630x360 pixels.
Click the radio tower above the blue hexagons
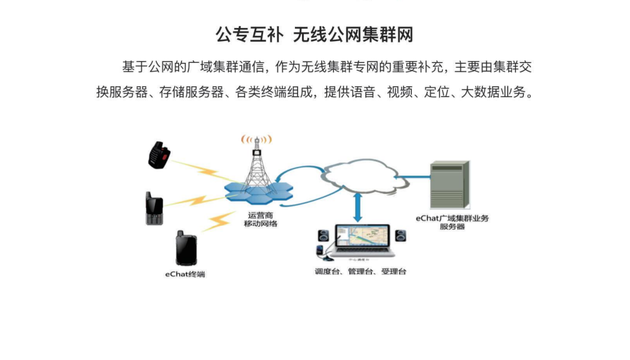[x=257, y=162]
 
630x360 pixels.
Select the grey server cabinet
[x=450, y=184]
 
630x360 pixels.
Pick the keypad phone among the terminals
[x=154, y=209]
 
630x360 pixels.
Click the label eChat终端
[x=185, y=275]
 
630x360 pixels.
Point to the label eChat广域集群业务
[x=452, y=219]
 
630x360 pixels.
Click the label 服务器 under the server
[x=452, y=227]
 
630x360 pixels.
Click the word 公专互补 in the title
[x=250, y=34]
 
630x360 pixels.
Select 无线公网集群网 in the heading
[x=353, y=34]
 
